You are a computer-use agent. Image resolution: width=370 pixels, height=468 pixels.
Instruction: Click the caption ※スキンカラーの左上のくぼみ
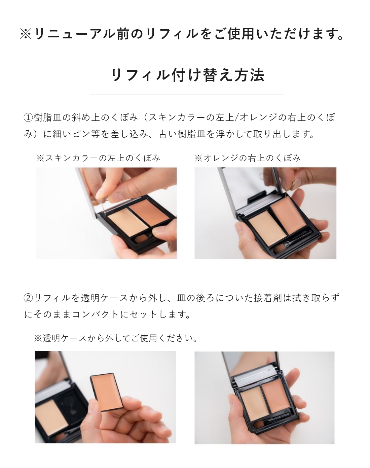coord(98,158)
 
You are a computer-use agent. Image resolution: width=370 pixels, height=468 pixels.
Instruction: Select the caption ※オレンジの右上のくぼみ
coord(247,158)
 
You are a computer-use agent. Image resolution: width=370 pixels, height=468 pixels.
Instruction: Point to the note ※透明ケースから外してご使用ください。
coord(116,338)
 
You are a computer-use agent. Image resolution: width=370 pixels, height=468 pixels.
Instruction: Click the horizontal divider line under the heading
coord(187,95)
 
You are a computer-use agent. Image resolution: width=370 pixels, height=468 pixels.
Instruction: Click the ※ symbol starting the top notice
coord(26,34)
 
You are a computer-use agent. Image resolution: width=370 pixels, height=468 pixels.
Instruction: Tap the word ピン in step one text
coord(82,134)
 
